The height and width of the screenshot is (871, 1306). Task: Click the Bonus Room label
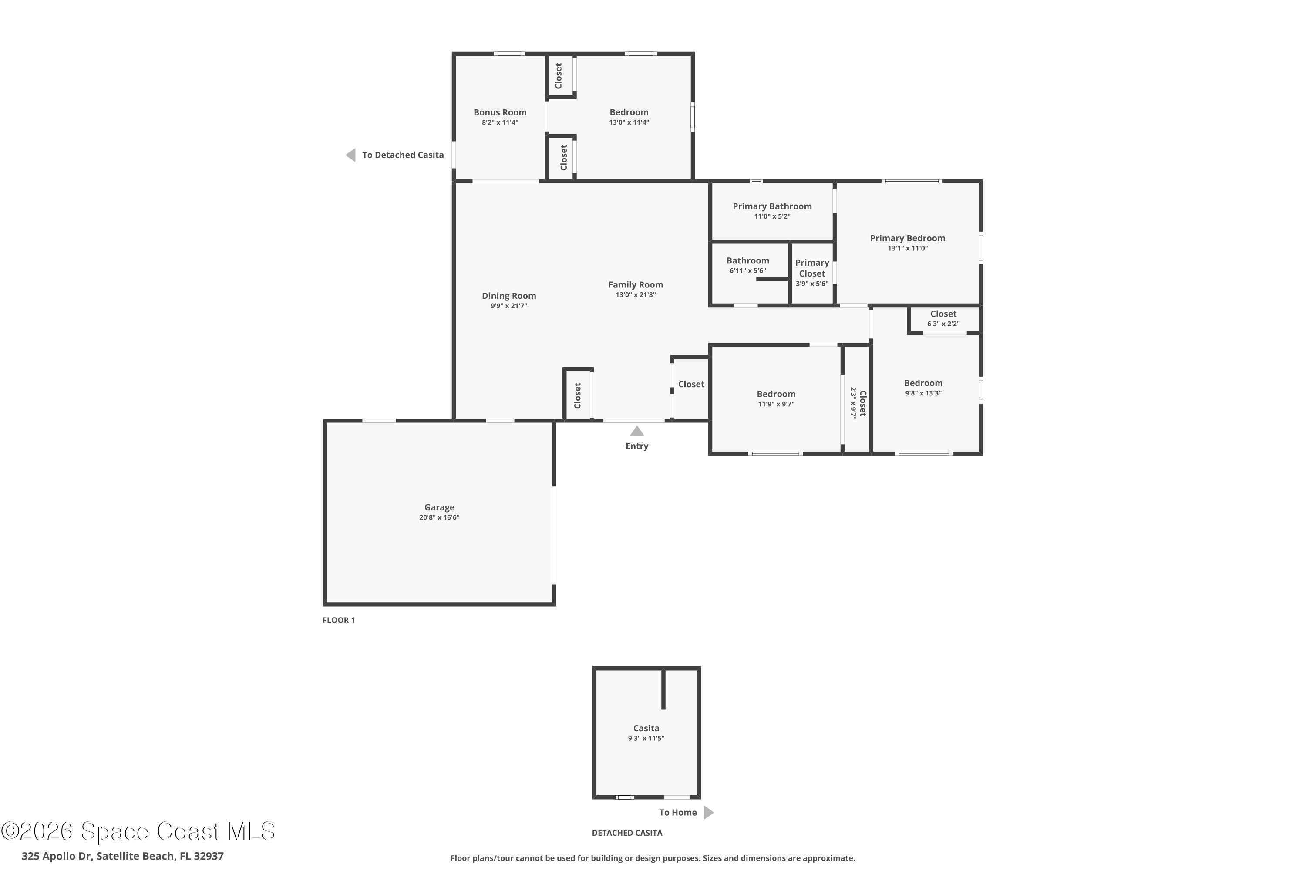click(x=500, y=112)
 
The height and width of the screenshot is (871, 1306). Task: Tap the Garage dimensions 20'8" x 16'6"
click(x=439, y=517)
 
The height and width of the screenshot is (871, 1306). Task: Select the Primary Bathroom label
click(x=772, y=206)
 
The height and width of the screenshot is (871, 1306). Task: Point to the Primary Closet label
click(x=812, y=268)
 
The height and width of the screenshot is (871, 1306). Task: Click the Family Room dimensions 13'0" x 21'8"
click(x=635, y=294)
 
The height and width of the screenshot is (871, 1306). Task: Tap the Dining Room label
click(x=508, y=296)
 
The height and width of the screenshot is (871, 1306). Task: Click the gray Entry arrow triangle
click(x=637, y=431)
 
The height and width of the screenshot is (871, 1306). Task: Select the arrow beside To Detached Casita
click(x=350, y=155)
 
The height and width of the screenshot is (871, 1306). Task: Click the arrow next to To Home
click(x=709, y=812)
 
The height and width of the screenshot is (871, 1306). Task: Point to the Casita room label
click(x=646, y=728)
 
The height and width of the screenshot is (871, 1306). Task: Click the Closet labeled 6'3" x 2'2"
click(x=943, y=314)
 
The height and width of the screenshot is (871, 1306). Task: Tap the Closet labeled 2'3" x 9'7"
click(x=862, y=403)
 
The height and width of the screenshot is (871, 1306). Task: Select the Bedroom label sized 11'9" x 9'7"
click(x=776, y=394)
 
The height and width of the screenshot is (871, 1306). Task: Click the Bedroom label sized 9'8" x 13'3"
click(x=923, y=383)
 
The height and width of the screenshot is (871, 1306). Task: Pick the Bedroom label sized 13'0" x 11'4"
click(x=629, y=112)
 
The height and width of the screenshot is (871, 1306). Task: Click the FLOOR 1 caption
click(x=339, y=620)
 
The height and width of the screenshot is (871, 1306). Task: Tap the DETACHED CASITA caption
click(x=627, y=833)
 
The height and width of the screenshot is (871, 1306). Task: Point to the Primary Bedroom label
click(x=907, y=238)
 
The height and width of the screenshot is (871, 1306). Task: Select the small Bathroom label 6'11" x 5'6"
click(x=747, y=260)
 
